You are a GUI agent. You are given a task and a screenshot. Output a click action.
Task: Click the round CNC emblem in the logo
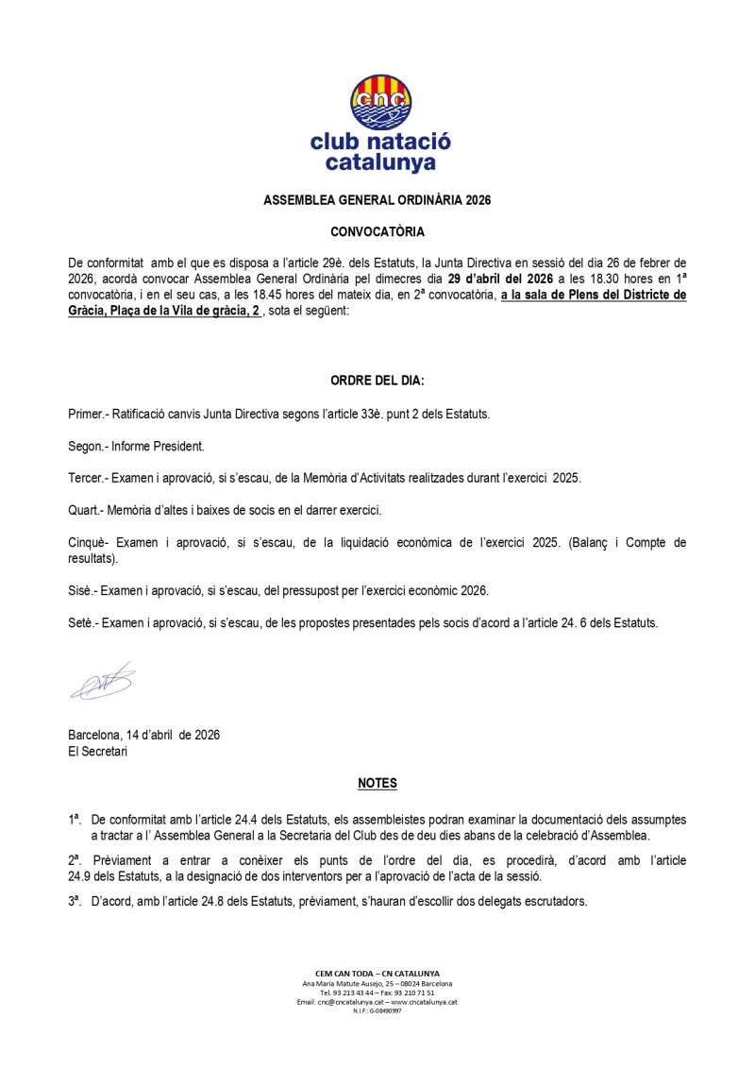381,101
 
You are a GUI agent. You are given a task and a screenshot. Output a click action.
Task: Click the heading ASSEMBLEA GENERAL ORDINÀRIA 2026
377,200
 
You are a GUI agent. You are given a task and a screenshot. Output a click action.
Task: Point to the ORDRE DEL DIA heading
377,382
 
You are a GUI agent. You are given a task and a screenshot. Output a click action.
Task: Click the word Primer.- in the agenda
89,415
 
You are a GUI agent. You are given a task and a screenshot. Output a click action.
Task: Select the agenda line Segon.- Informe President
136,446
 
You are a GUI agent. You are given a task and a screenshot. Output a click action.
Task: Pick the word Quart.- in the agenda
86,510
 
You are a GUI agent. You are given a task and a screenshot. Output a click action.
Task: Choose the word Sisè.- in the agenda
83,590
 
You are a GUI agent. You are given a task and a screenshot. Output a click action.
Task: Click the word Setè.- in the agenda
84,622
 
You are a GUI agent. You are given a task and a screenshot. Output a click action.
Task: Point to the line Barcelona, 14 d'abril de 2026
143,735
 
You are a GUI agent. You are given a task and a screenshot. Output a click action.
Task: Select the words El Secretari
98,752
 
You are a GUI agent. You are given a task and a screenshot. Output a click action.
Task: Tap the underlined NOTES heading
377,784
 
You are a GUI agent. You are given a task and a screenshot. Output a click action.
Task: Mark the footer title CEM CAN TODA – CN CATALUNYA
377,973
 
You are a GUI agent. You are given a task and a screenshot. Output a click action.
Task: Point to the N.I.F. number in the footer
377,1011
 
